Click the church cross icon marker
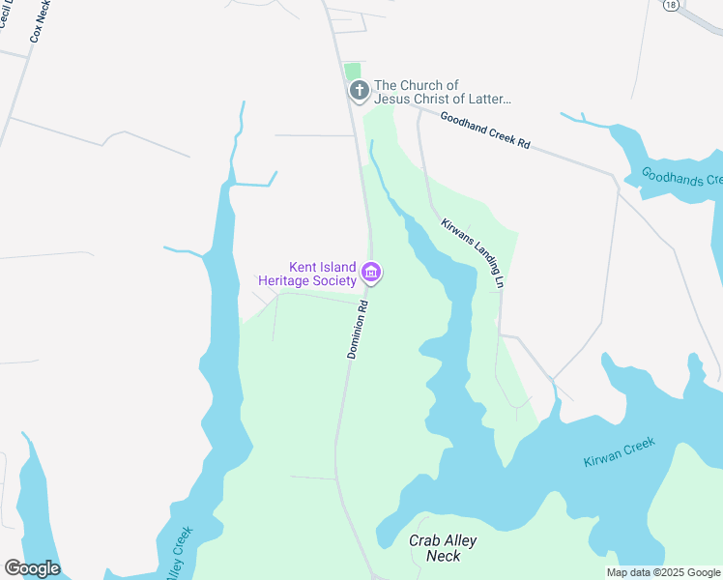click(359, 91)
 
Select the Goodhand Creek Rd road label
click(485, 130)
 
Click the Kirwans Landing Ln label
click(474, 252)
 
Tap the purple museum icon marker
click(370, 275)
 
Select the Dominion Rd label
click(358, 330)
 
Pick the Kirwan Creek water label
click(620, 452)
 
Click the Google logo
click(32, 568)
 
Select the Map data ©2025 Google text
click(662, 572)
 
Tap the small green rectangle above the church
click(353, 72)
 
